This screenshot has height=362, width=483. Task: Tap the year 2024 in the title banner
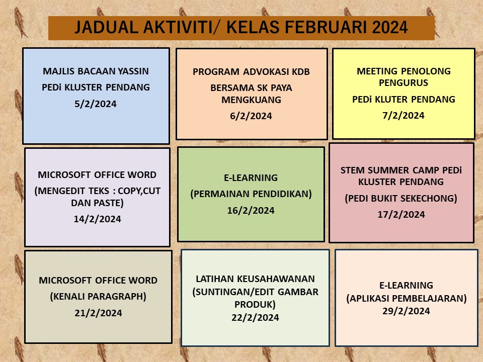click(390, 27)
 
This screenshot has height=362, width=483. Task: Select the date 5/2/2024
click(96, 104)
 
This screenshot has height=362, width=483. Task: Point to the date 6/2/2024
click(251, 116)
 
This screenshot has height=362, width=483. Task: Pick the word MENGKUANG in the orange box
click(252, 100)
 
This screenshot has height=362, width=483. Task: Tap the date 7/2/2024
click(404, 116)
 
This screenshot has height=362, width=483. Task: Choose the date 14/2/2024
click(97, 219)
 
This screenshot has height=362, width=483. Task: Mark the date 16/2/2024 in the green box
click(251, 210)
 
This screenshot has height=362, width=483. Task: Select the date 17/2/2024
click(401, 214)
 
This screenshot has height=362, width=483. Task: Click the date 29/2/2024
click(407, 311)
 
